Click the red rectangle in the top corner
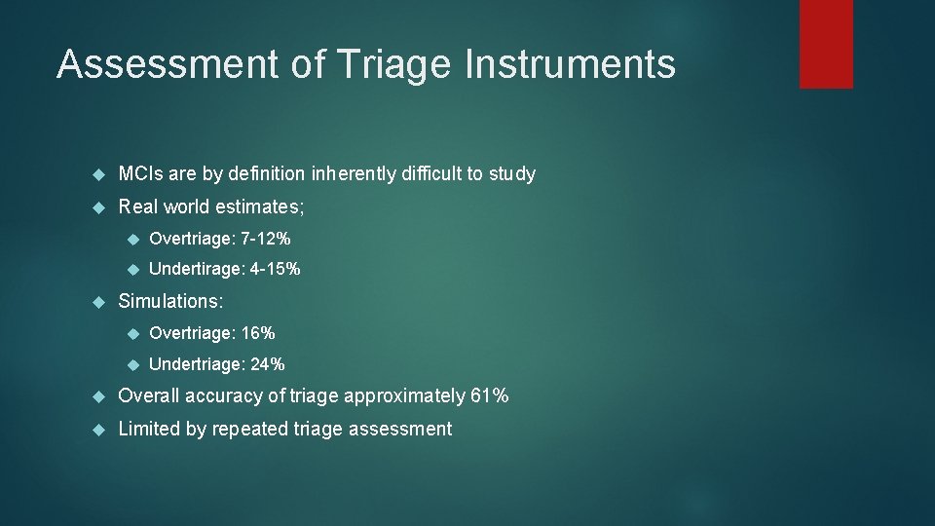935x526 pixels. point(826,44)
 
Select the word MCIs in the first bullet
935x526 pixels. point(140,174)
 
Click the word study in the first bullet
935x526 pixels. point(512,174)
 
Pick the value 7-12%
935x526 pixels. point(265,239)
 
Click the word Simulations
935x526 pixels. point(169,302)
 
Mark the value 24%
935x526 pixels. point(266,364)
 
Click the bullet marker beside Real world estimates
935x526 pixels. point(96,207)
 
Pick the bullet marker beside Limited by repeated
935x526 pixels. point(96,429)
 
